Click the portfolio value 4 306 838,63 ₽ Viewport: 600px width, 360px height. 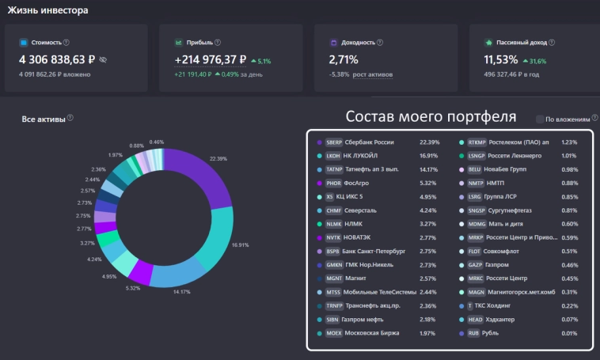58,59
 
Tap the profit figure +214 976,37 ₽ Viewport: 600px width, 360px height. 211,59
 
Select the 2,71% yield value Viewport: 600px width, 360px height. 344,59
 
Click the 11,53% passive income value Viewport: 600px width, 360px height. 501,59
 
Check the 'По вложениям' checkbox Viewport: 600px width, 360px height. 540,119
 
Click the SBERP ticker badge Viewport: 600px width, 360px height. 332,142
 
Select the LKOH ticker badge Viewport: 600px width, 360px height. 332,156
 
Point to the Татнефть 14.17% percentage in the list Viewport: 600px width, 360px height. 428,169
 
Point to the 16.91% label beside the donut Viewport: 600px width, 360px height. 241,245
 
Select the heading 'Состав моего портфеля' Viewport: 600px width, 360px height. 431,116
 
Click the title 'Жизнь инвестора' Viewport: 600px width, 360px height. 48,10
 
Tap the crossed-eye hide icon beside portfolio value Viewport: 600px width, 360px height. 103,59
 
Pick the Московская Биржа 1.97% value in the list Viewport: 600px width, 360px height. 428,333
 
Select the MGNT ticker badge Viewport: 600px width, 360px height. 332,279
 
